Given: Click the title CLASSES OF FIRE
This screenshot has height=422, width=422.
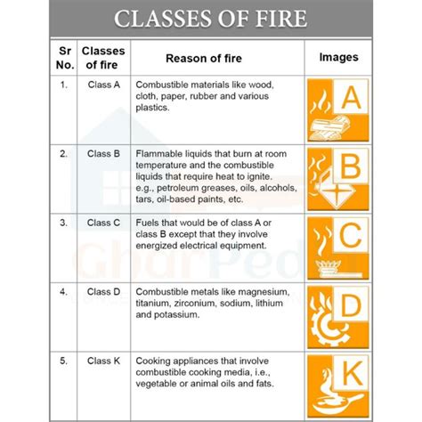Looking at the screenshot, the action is pos(210,17).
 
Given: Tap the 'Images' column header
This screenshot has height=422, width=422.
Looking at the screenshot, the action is pos(337,58).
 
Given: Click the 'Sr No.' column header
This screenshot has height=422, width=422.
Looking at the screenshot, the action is pos(64,58).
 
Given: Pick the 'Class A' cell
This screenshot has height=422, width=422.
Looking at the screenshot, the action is pos(103,85).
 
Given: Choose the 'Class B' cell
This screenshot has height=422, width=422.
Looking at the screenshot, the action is pos(103,154).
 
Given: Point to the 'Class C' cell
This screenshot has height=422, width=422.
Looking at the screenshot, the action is pos(103,222).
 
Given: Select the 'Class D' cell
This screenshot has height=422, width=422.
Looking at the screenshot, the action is pos(103,291).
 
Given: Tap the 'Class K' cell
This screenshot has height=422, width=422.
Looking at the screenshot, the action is pos(103,361).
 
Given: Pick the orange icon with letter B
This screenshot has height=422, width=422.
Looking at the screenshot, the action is pos(337,178).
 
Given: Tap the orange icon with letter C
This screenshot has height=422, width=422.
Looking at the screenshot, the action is pos(337,247).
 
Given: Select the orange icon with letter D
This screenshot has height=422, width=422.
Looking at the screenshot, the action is pos(337,316).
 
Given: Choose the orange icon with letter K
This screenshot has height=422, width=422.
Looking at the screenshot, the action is pos(337,385).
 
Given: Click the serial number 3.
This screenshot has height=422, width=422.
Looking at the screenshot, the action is pos(63,222).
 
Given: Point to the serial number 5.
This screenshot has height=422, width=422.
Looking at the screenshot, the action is pos(63,361).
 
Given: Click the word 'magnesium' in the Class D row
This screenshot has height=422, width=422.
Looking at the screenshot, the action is pos(264,291).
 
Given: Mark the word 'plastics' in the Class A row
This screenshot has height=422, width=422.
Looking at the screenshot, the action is pos(154,107).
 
